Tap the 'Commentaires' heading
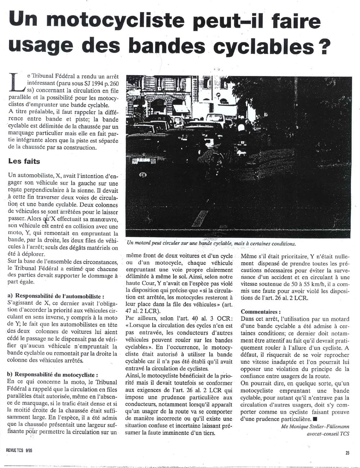pos(261,311)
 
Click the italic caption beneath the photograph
pos(211,244)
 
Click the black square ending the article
pos(315,419)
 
